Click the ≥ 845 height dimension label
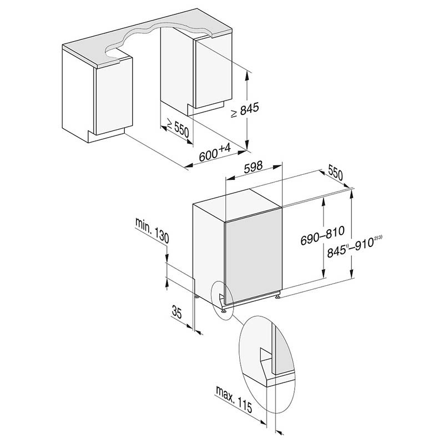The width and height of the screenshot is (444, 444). pyautogui.click(x=245, y=110)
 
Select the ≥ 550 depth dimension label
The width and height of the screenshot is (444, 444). pyautogui.click(x=178, y=128)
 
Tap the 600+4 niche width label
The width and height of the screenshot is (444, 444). pyautogui.click(x=215, y=153)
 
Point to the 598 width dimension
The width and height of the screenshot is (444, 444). pyautogui.click(x=254, y=167)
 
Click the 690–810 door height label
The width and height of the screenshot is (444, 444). pyautogui.click(x=322, y=235)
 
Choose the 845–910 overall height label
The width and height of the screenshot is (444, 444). pyautogui.click(x=354, y=247)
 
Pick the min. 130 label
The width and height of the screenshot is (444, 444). pyautogui.click(x=152, y=230)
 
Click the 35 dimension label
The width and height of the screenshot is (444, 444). pyautogui.click(x=176, y=312)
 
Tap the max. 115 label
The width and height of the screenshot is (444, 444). pyautogui.click(x=234, y=399)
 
